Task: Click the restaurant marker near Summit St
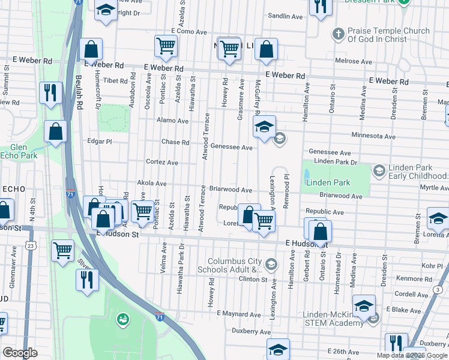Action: point(49,92)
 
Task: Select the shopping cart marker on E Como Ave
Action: point(165,45)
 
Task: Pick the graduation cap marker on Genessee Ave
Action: point(264,127)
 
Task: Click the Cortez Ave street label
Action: point(162,162)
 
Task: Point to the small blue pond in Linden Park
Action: point(307,175)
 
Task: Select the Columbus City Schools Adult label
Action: point(235,266)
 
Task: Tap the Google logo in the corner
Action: point(20,353)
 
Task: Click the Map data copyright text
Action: point(412,355)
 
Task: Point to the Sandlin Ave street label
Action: point(285,17)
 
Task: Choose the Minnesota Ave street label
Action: point(373,136)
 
